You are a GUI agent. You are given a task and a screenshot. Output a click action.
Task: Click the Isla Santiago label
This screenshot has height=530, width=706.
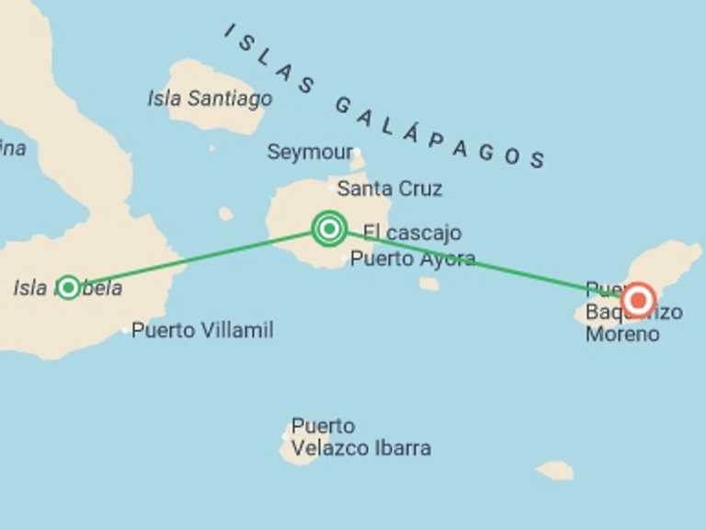pos(210,98)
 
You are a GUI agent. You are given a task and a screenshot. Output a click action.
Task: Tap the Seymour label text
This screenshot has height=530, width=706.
pos(310,152)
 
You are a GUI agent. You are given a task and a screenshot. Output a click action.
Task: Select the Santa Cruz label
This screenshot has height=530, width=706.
pos(390,189)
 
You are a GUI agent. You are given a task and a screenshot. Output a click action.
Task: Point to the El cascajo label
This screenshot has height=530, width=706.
pos(412,233)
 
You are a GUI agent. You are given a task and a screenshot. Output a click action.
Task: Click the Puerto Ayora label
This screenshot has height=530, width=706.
pos(413,259)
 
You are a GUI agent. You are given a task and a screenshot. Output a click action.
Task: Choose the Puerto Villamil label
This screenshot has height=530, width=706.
pos(202,329)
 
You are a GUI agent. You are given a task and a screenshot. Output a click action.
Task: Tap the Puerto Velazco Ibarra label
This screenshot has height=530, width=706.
pos(360,438)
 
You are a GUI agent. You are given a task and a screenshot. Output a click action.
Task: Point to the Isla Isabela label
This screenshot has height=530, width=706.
pos(68,288)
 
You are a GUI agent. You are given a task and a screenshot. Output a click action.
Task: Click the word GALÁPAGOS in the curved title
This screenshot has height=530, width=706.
pos(439,134)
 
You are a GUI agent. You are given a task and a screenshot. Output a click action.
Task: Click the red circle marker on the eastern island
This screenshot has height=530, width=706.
pos(638,300)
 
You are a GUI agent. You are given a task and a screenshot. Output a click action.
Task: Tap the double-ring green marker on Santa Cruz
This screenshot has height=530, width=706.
pos(329,228)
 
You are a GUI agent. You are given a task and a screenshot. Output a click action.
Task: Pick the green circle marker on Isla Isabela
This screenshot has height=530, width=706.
pos(68,287)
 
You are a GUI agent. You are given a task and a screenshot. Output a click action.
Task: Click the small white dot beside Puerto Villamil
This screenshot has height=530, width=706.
pos(126,329)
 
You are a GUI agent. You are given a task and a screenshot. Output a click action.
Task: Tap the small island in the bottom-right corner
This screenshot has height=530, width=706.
pos(555,470)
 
